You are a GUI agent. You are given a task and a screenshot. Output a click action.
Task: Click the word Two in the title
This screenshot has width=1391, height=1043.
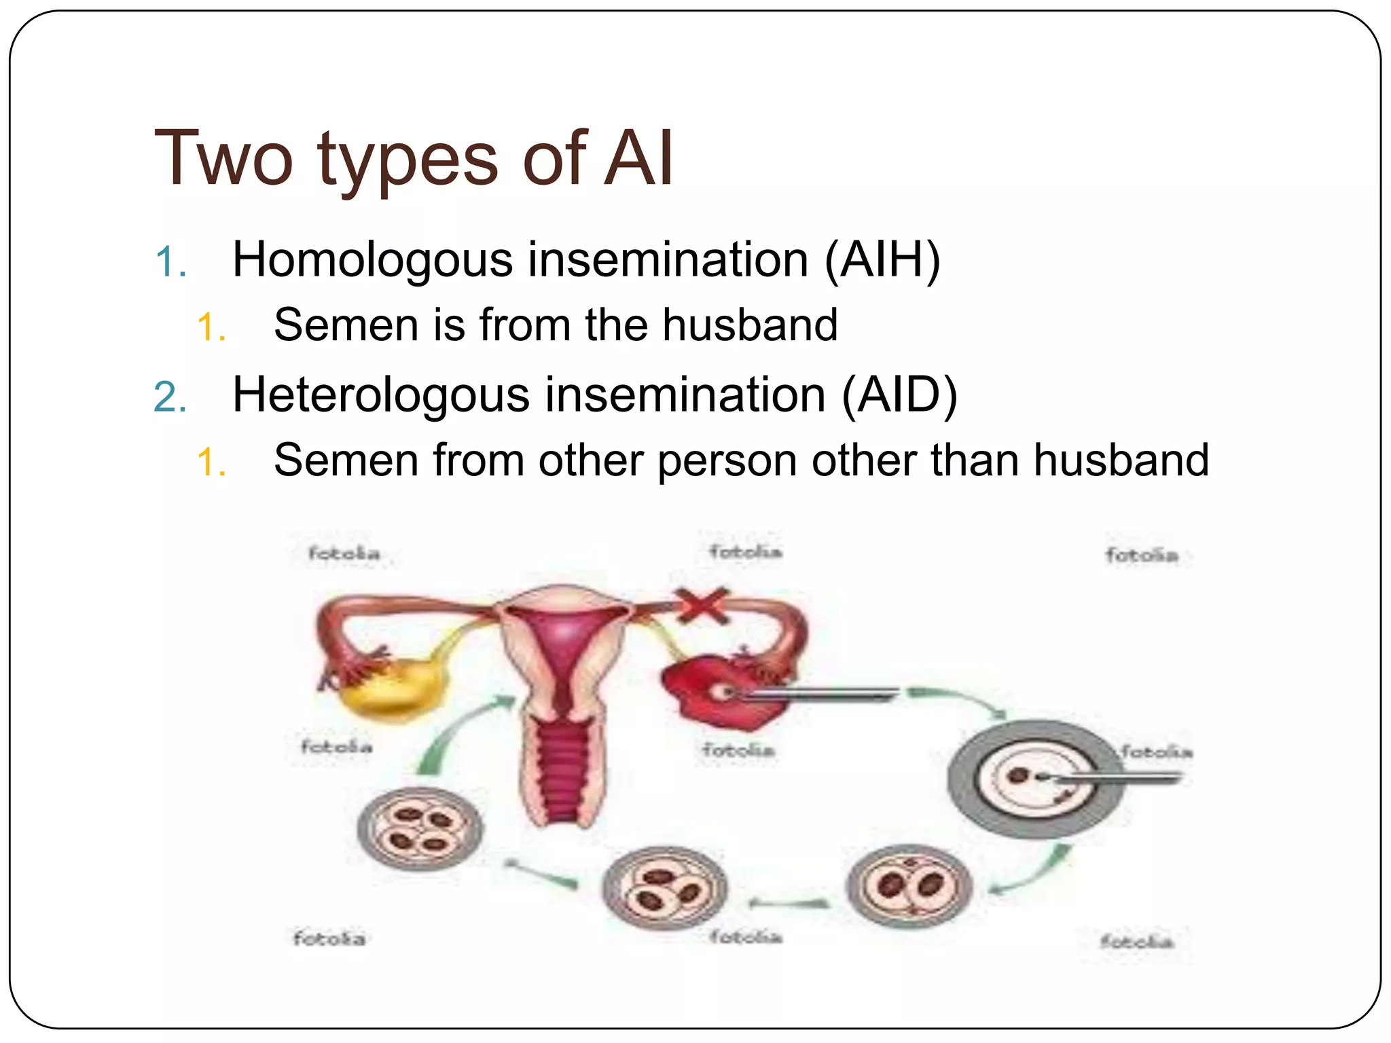tap(223, 159)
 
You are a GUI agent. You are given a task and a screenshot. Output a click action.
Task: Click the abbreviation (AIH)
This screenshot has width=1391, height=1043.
tap(882, 260)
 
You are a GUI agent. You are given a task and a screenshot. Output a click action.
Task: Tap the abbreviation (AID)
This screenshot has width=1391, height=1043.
tap(899, 395)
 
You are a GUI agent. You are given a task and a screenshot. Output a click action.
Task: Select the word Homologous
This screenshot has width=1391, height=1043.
tap(372, 260)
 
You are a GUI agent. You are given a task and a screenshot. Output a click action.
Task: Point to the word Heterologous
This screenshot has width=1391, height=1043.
tap(380, 395)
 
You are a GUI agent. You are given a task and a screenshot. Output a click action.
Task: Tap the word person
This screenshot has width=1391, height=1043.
tap(727, 461)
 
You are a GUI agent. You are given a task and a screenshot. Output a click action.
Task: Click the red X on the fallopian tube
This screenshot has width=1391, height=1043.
tap(702, 605)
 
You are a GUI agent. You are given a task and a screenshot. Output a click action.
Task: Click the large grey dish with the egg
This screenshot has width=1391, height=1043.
tap(1034, 778)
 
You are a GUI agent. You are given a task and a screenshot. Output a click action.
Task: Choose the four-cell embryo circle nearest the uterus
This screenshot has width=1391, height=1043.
tap(420, 828)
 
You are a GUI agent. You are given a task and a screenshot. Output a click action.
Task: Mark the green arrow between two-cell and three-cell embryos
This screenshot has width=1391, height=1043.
tap(789, 903)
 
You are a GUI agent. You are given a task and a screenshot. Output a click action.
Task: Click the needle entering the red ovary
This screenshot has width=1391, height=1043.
tap(822, 693)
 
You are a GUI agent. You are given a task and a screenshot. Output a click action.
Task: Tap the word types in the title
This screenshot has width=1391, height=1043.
tap(408, 159)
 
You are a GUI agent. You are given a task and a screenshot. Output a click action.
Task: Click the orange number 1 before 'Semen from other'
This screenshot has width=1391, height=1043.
tap(211, 463)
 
